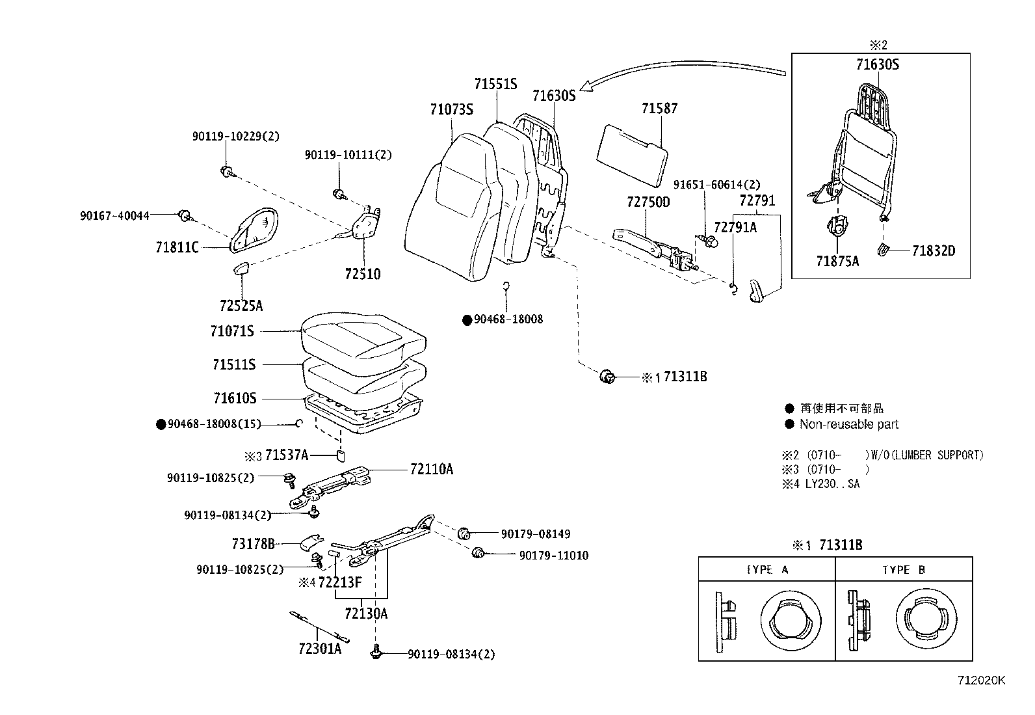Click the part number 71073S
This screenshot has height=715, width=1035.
451,109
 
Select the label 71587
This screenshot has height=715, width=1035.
659,108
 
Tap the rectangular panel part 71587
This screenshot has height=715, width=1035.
631,153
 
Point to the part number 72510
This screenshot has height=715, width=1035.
363,274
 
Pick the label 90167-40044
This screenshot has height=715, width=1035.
114,215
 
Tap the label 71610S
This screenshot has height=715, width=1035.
235,398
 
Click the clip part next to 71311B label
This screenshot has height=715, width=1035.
607,376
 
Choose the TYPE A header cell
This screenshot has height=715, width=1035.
766,570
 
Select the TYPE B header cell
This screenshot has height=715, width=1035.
903,570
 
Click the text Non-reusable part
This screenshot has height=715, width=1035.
848,424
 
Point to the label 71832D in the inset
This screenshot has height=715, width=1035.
933,251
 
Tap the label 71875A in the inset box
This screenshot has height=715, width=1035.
837,262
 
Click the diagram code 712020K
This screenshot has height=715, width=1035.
981,681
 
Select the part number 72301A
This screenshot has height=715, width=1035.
320,649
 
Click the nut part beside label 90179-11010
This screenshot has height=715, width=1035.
478,553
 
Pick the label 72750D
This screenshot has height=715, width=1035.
648,202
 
